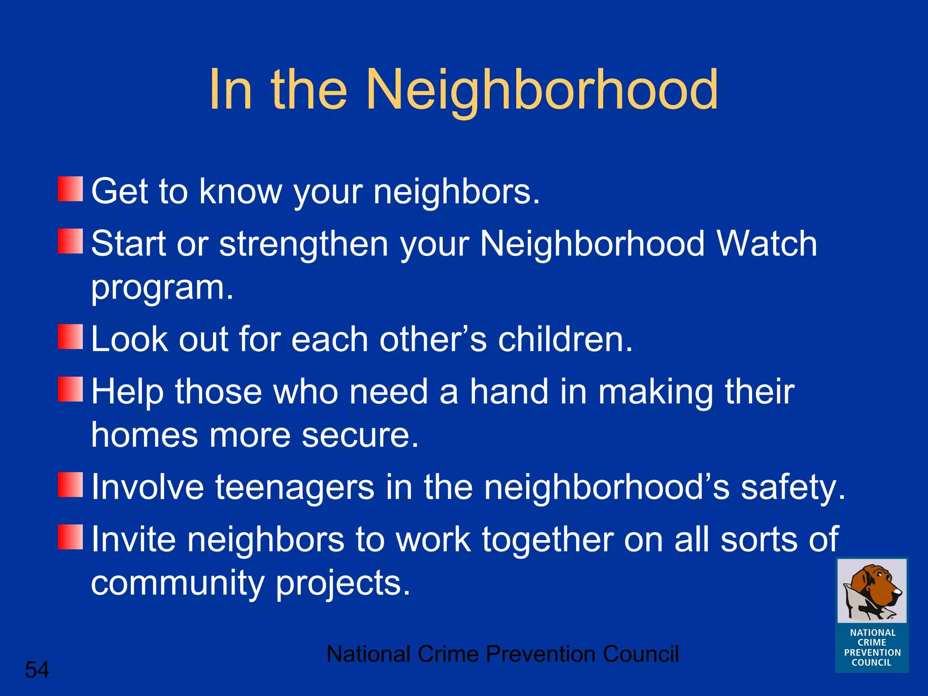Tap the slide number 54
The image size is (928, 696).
point(37,670)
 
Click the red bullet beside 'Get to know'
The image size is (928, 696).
point(70,189)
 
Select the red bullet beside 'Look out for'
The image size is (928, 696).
point(70,337)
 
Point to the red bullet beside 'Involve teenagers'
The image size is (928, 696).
point(70,484)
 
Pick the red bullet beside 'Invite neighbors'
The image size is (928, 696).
point(70,537)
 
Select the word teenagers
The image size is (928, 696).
point(295,488)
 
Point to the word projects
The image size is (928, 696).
point(343,584)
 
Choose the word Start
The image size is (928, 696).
point(128,244)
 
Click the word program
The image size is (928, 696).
point(162,288)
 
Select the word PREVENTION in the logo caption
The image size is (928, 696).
point(872,652)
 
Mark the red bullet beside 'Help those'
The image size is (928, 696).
point(70,389)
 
